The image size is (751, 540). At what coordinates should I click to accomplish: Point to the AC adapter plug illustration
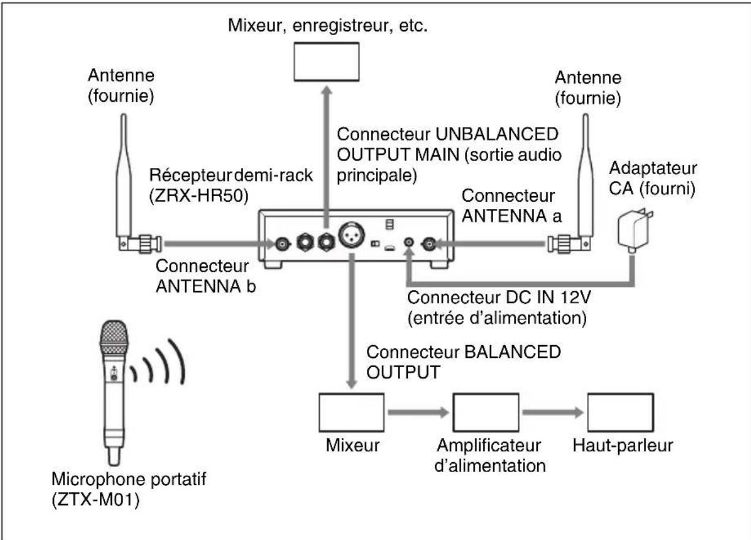[635, 230]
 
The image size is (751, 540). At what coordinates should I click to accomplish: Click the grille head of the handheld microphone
[114, 337]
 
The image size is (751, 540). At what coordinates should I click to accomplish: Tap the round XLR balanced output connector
[352, 235]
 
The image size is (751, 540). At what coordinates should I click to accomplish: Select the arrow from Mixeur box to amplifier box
[418, 413]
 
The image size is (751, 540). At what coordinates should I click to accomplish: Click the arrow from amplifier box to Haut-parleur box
[553, 413]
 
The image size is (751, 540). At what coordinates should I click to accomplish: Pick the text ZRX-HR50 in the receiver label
[198, 196]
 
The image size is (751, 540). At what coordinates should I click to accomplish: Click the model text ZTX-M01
[96, 500]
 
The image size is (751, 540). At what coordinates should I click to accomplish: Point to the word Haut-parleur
[622, 446]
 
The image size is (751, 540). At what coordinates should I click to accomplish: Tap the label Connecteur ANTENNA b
[206, 276]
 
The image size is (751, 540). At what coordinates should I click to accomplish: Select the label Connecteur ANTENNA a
[511, 205]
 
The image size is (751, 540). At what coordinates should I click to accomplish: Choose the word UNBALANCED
[497, 134]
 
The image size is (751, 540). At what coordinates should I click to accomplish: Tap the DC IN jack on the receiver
[409, 241]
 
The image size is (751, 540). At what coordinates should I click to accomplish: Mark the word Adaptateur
[653, 168]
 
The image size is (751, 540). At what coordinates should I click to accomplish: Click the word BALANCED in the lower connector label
[513, 352]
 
